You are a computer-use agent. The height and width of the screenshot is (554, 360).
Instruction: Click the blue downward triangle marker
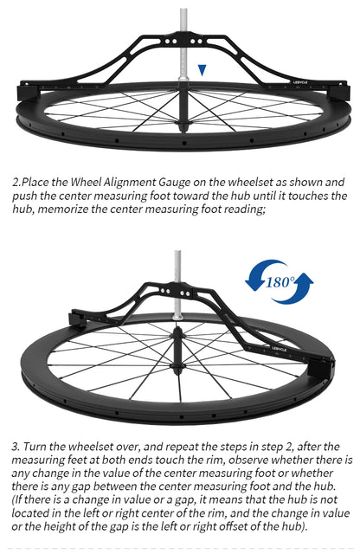(x=202, y=70)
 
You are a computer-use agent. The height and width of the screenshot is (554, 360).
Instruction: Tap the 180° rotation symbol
(x=280, y=282)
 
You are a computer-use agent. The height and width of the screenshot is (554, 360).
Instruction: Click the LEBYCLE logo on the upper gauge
(x=300, y=82)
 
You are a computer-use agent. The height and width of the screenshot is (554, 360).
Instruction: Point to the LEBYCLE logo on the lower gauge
(x=280, y=349)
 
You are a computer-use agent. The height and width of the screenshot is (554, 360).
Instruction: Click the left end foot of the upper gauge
(x=28, y=93)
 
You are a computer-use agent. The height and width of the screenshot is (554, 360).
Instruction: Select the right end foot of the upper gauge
(x=339, y=93)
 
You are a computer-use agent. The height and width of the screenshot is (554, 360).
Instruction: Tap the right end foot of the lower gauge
(x=322, y=370)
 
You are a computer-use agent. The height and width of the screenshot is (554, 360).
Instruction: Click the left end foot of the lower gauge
(x=79, y=319)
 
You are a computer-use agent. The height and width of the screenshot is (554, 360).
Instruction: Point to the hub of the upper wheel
(x=183, y=106)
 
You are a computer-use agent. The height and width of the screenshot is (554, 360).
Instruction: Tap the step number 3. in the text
(x=16, y=447)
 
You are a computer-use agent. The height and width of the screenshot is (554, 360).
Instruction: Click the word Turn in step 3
(x=34, y=447)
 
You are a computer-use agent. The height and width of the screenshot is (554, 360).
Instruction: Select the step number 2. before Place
(x=16, y=183)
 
